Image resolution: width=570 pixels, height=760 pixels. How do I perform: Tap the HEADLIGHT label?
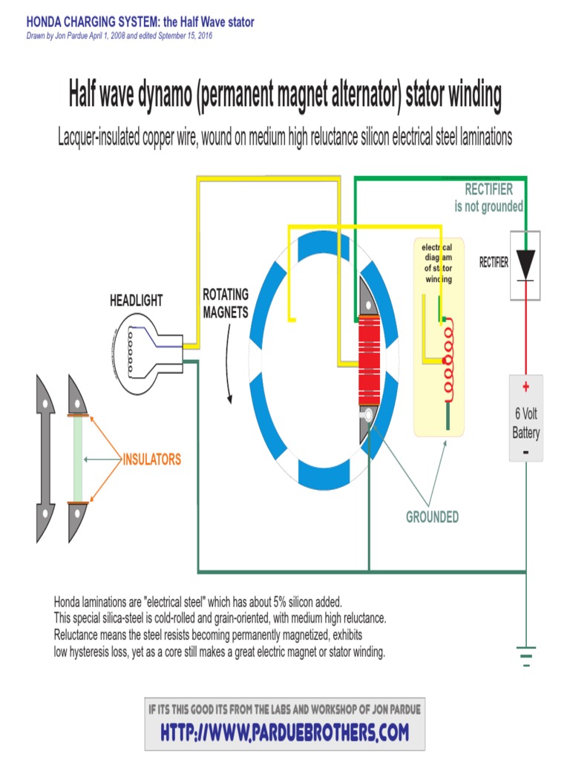pos(136,301)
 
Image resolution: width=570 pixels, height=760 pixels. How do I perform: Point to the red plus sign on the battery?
pos(525,387)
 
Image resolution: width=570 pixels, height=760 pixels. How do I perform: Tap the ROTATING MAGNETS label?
pos(226,304)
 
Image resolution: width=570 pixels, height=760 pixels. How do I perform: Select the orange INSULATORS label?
pos(151,459)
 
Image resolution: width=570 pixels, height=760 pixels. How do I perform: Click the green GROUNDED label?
pos(432,517)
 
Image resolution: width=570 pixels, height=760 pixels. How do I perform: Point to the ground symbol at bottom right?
pos(525,655)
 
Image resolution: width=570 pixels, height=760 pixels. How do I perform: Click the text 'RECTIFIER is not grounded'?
pos(488,197)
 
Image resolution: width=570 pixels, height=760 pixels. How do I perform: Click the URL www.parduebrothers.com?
pos(284,732)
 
